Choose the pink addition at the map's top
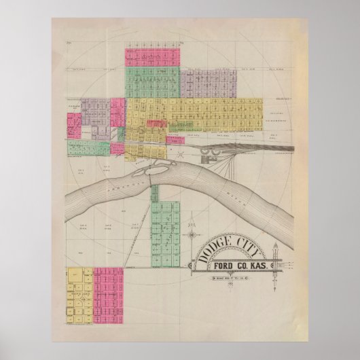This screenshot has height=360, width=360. tap(152, 56)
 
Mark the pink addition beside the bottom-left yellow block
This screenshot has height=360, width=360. tap(108, 292)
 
